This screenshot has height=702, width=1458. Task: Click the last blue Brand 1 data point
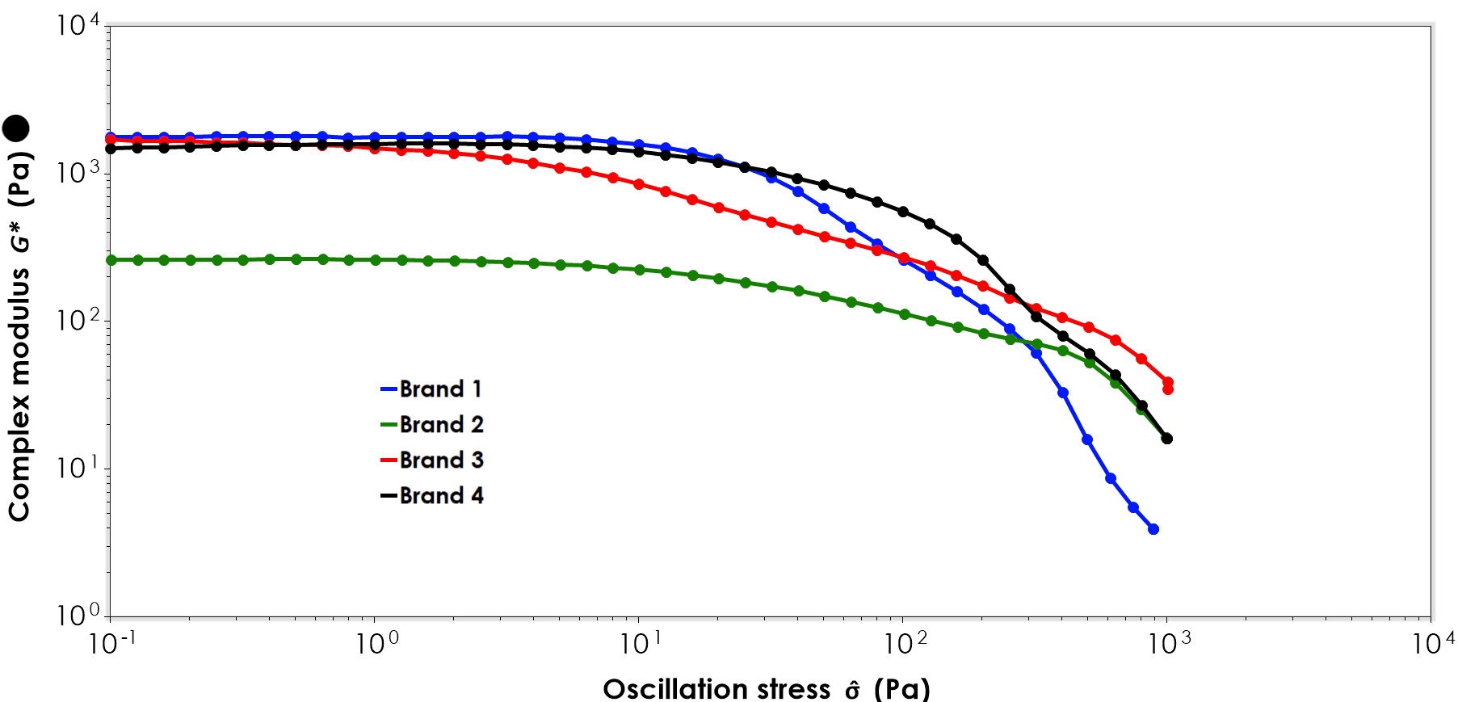click(x=1153, y=529)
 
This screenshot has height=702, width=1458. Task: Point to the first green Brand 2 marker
click(x=111, y=260)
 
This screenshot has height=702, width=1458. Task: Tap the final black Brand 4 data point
click(x=1167, y=439)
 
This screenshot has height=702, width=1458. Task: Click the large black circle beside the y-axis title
click(x=16, y=128)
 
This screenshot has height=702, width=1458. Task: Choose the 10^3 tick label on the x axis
click(x=1168, y=643)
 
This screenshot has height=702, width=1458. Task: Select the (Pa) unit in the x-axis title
click(x=901, y=689)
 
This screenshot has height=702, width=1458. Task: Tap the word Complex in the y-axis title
click(x=19, y=469)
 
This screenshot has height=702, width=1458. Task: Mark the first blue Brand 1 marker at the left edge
click(x=111, y=138)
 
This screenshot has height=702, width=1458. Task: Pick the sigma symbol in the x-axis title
click(x=853, y=691)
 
